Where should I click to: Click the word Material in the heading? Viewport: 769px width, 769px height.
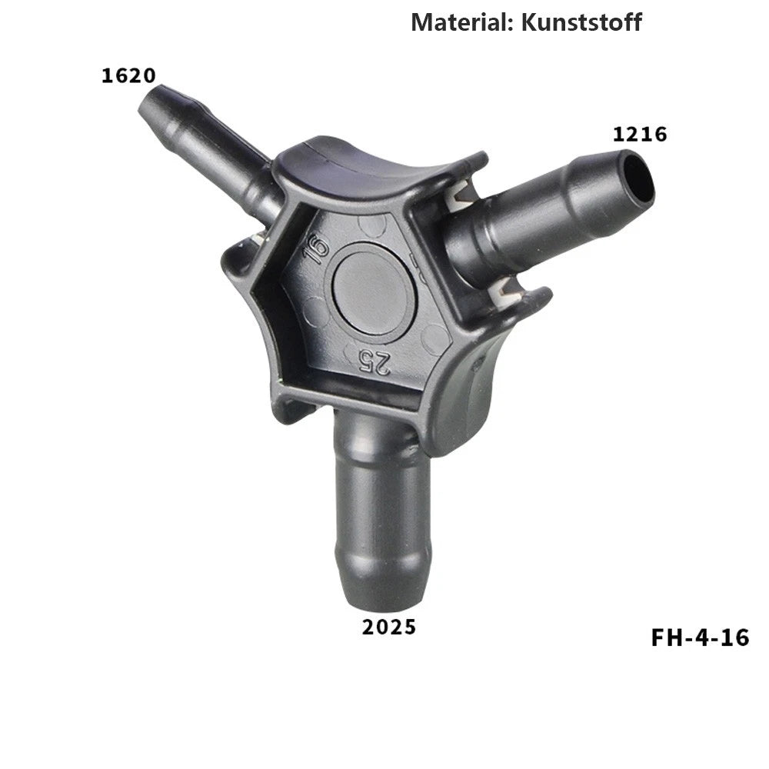pyautogui.click(x=461, y=22)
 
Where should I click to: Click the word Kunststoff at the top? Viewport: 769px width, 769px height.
pyautogui.click(x=581, y=22)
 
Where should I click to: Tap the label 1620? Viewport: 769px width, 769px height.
pyautogui.click(x=128, y=75)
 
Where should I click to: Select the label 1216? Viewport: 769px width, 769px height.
pyautogui.click(x=640, y=135)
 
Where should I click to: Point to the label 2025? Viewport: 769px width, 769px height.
pyautogui.click(x=389, y=627)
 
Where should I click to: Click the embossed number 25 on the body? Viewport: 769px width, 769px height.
pyautogui.click(x=374, y=362)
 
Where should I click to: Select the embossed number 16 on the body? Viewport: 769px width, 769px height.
pyautogui.click(x=316, y=249)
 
